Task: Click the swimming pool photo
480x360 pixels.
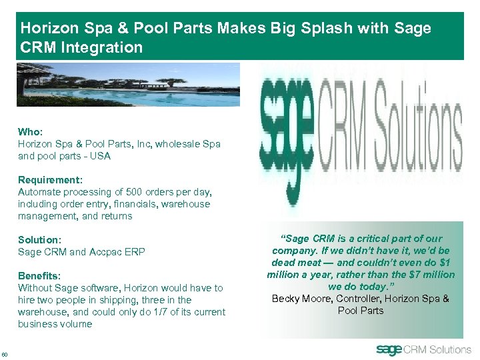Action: click(x=128, y=85)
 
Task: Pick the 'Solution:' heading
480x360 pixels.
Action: click(x=40, y=240)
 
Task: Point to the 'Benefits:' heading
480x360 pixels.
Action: click(x=39, y=276)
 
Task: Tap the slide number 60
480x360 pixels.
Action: click(x=6, y=353)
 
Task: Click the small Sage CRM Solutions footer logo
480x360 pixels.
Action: click(x=423, y=349)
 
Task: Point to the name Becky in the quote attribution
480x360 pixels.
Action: click(x=287, y=299)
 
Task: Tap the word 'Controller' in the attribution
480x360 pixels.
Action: click(x=356, y=299)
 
